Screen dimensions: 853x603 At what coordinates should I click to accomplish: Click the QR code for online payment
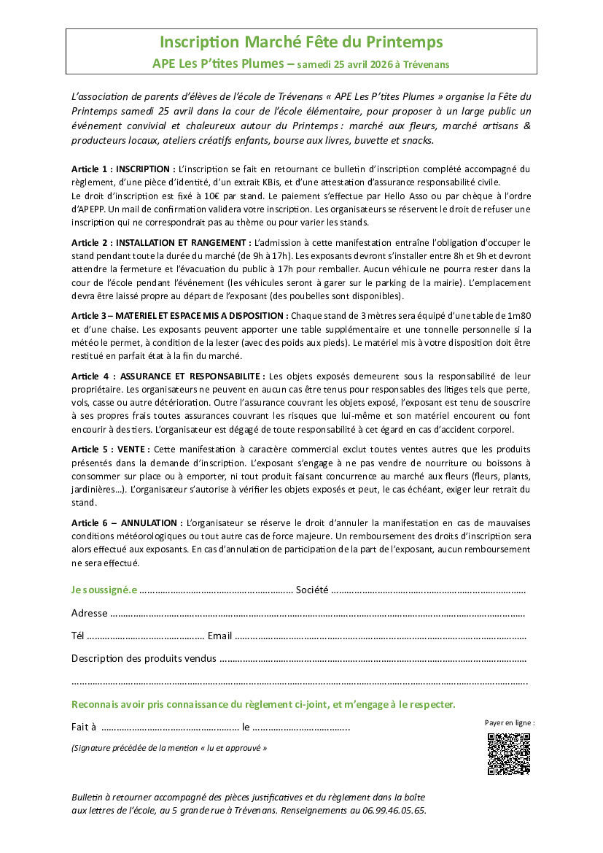click(508, 754)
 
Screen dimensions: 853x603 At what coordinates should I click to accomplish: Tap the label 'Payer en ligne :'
click(510, 723)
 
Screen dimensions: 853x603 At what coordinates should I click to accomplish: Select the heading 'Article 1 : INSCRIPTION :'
click(123, 169)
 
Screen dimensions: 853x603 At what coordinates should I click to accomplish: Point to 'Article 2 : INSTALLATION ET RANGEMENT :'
click(161, 242)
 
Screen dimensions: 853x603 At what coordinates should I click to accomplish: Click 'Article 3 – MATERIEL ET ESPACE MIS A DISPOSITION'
click(179, 316)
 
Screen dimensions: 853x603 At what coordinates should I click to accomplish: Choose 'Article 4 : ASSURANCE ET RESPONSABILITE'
click(168, 376)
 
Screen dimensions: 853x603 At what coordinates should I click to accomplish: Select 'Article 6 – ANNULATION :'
click(127, 523)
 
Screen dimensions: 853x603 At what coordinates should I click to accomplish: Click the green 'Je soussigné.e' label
click(104, 590)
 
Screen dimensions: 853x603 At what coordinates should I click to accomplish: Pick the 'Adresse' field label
click(89, 613)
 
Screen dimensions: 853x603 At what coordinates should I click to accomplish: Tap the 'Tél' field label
click(78, 636)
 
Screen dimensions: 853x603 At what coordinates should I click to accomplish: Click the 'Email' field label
click(219, 636)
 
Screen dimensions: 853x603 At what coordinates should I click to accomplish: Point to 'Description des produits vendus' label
click(144, 659)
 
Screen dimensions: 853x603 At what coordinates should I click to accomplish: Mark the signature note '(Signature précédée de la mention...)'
click(169, 748)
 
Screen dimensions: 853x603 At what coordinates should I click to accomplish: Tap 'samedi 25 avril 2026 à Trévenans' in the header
click(373, 64)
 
